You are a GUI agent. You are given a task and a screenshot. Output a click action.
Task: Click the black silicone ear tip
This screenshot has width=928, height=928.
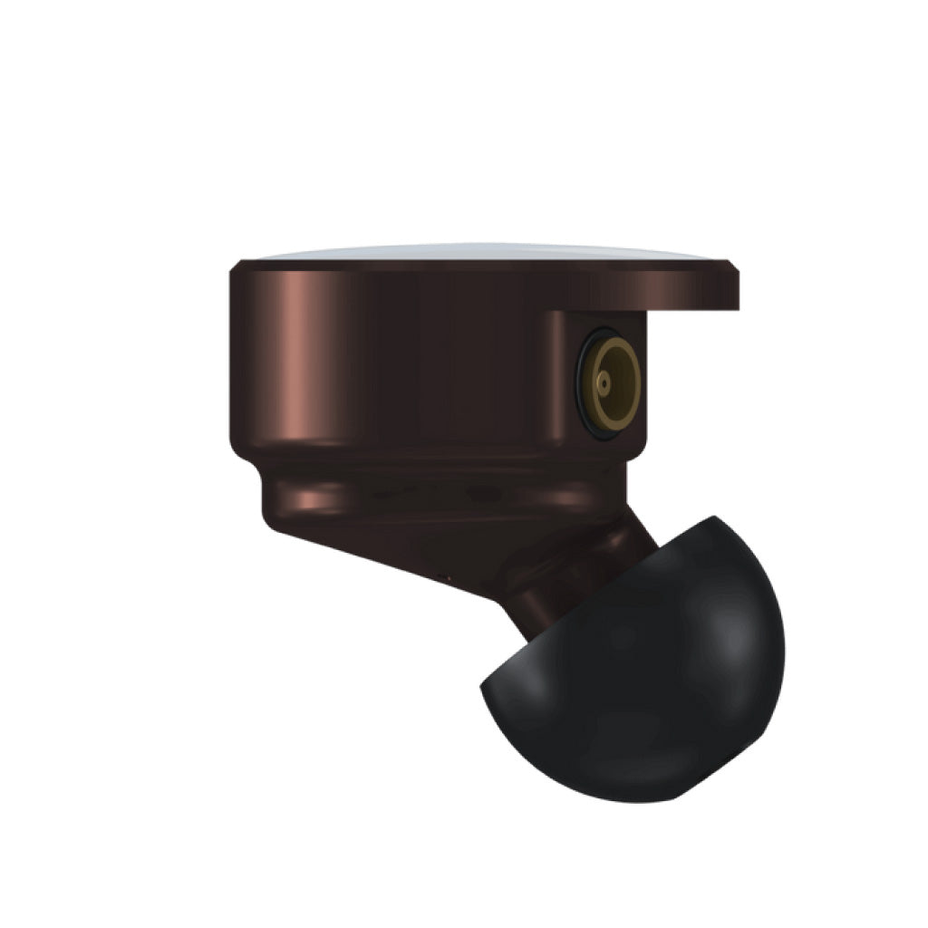[x=652, y=671]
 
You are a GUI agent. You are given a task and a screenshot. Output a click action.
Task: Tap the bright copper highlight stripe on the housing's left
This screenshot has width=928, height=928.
[x=299, y=362]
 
